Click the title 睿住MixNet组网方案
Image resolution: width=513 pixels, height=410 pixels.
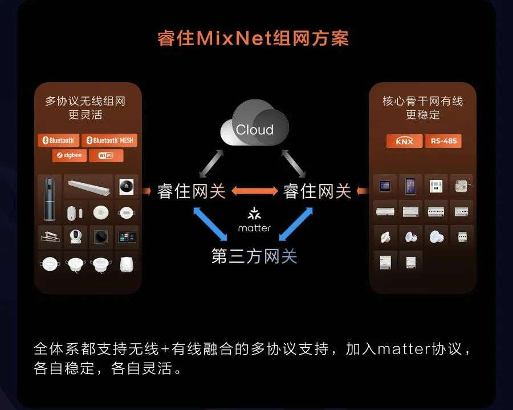pyautogui.click(x=253, y=38)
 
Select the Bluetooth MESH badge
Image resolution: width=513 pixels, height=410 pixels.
pyautogui.click(x=109, y=140)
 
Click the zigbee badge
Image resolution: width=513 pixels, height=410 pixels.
pyautogui.click(x=69, y=155)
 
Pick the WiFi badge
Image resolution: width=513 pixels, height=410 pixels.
pyautogui.click(x=106, y=155)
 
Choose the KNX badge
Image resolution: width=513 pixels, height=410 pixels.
pyautogui.click(x=404, y=141)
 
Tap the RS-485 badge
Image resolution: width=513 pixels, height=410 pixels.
pyautogui.click(x=443, y=141)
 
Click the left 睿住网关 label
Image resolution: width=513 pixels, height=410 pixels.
pyautogui.click(x=192, y=191)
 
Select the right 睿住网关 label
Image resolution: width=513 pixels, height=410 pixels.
pyautogui.click(x=317, y=191)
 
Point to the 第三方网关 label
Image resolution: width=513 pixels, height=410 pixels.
pyautogui.click(x=254, y=256)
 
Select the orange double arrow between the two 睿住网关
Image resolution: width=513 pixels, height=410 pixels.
pyautogui.click(x=254, y=191)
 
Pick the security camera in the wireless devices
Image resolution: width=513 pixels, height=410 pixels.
pyautogui.click(x=75, y=235)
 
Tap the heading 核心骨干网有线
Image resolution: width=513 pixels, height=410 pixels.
pyautogui.click(x=422, y=102)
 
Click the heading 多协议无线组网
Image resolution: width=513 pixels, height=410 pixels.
pyautogui.click(x=85, y=102)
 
